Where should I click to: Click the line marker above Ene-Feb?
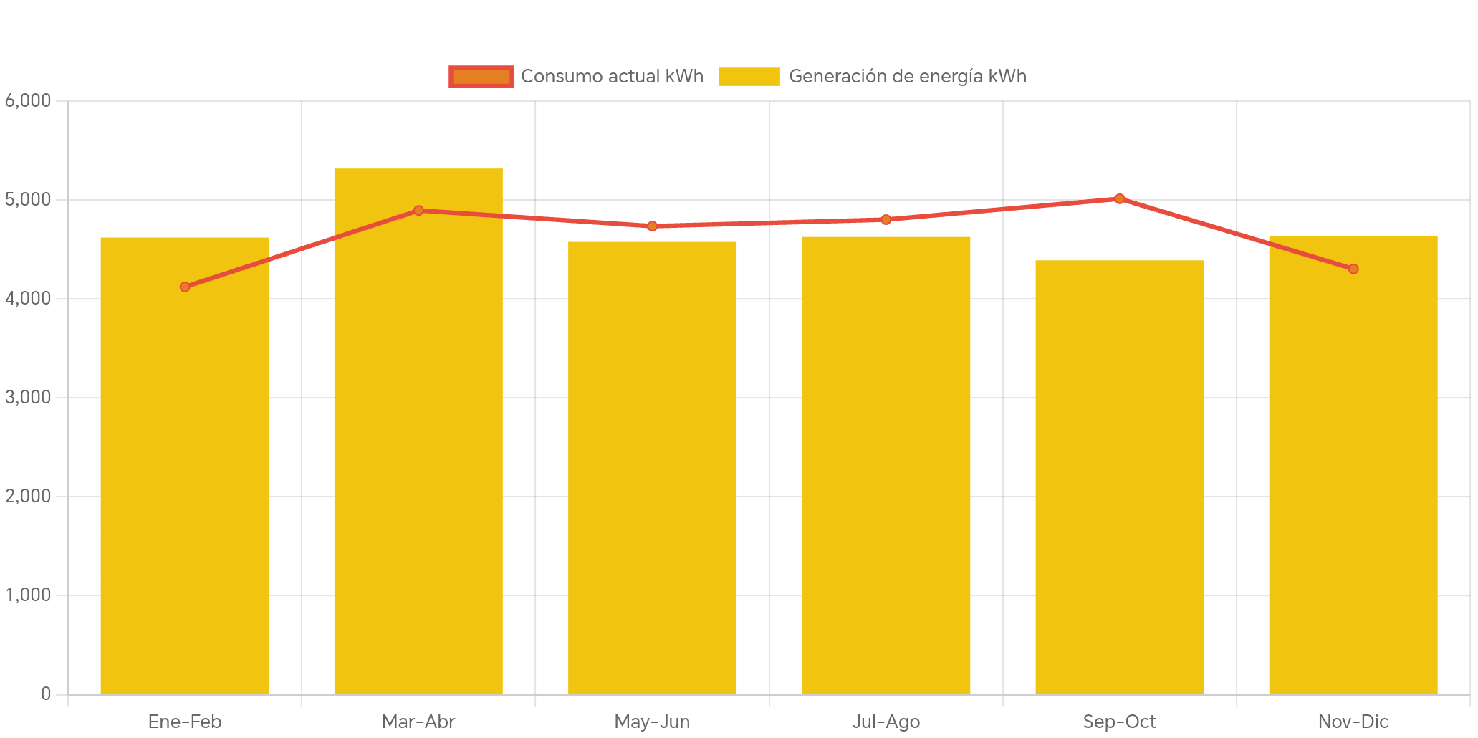coord(185,287)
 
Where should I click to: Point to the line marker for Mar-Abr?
coord(418,211)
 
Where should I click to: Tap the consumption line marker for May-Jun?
coord(652,226)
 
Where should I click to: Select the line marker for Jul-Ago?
coord(886,219)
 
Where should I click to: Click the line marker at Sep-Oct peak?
coord(1119,198)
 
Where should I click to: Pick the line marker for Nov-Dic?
coord(1353,269)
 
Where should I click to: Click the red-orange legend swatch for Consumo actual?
coord(481,77)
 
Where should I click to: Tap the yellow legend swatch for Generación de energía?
coord(749,77)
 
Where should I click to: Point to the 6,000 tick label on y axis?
coord(28,101)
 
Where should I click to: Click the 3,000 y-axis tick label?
coord(28,398)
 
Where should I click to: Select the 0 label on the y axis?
coord(46,694)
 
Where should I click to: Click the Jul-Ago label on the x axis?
coord(886,722)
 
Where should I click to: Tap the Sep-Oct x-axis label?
coord(1119,722)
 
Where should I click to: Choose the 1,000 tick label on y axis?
coord(28,595)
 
